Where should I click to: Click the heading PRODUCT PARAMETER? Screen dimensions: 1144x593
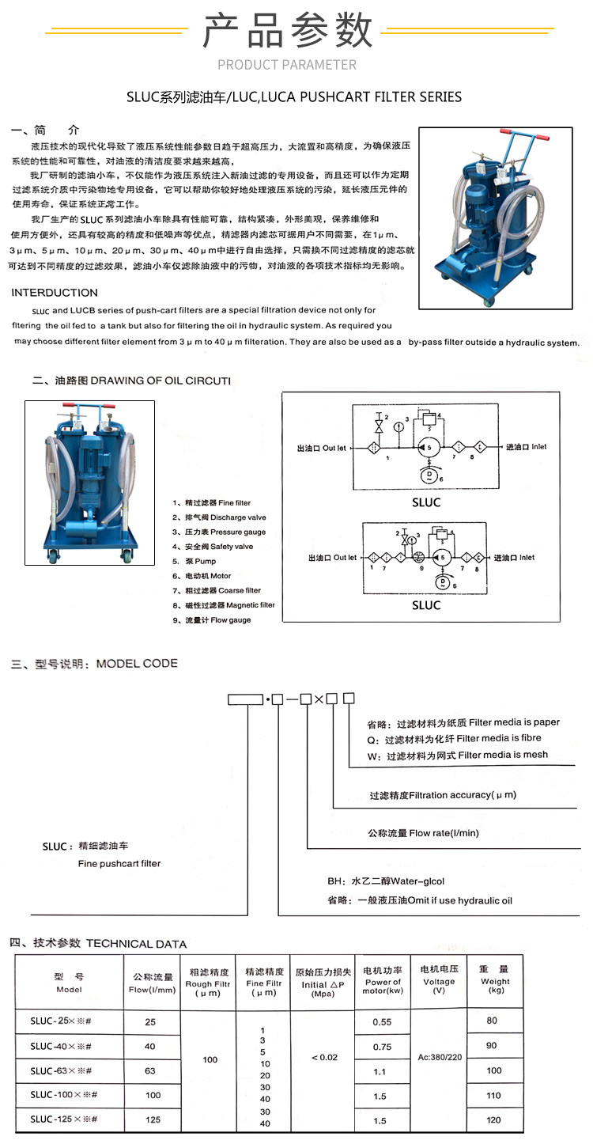287,65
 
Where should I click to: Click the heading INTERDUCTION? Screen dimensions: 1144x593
55,293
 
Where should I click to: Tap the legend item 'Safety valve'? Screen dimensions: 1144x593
218,547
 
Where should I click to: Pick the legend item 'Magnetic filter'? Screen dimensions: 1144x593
229,605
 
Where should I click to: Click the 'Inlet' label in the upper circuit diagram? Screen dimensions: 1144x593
538,446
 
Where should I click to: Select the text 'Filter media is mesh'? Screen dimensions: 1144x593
503,755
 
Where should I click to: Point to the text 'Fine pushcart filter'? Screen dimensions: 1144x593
119,864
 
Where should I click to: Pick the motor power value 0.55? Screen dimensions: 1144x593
383,1021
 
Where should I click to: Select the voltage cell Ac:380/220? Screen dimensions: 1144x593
440,1057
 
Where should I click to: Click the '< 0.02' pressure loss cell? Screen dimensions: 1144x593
324,1057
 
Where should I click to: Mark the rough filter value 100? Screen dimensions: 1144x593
210,1059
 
